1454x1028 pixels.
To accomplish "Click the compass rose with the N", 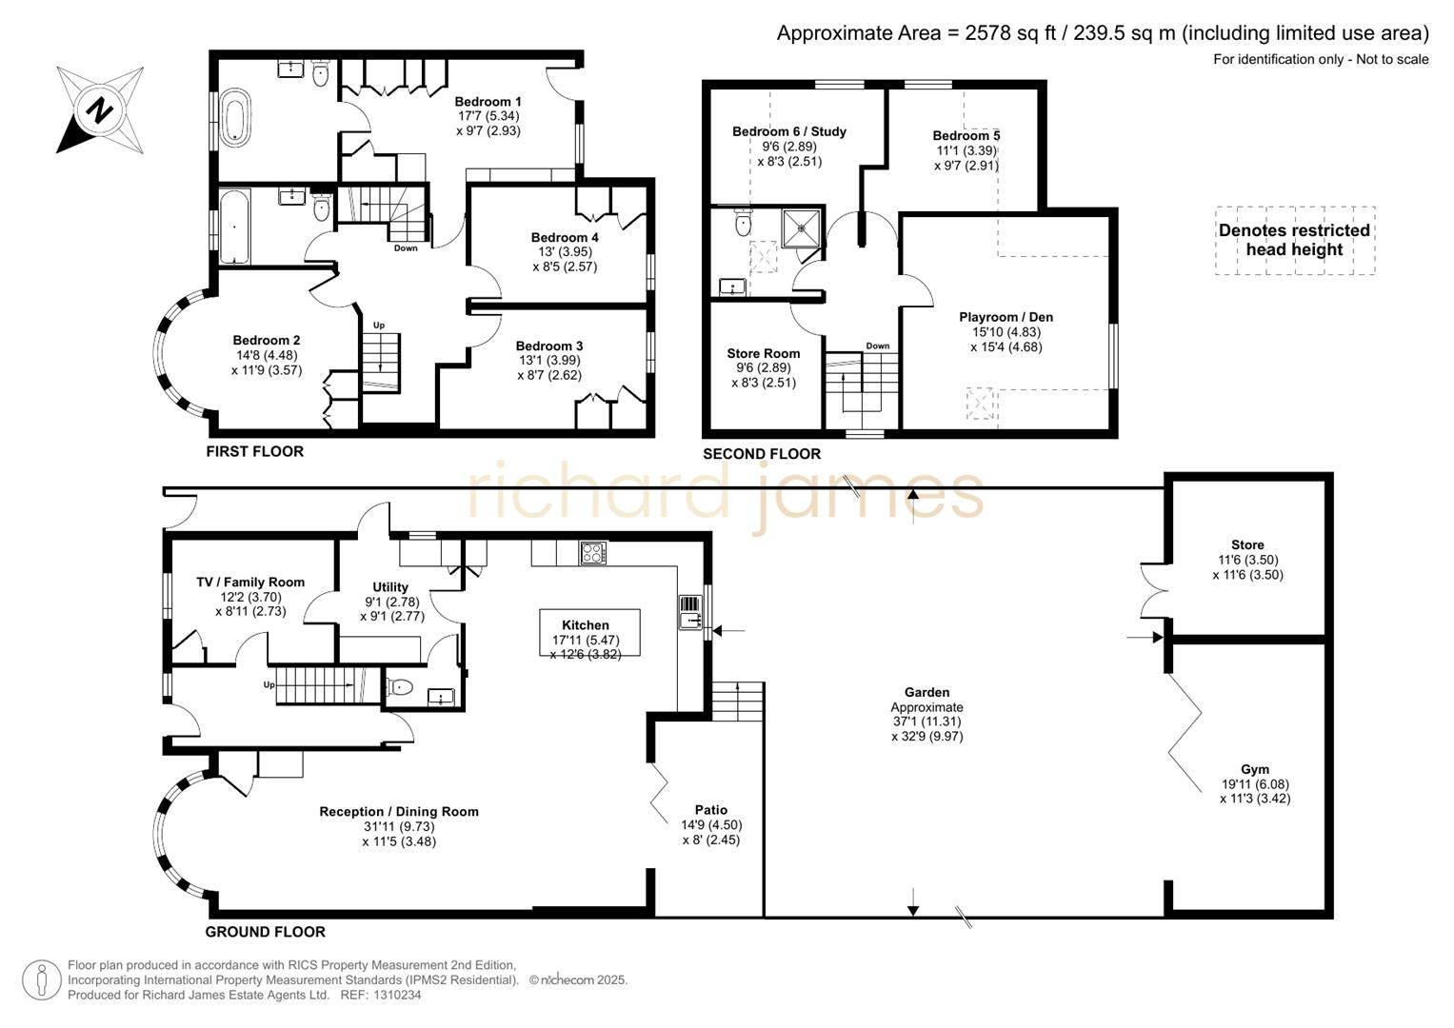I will (99, 109).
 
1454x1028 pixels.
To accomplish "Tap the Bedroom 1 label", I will (488, 102).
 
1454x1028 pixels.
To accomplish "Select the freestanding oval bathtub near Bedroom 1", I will (234, 118).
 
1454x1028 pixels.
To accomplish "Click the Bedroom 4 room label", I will (565, 237).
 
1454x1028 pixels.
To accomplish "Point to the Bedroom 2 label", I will (267, 340).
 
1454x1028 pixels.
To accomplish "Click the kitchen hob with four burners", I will (593, 553).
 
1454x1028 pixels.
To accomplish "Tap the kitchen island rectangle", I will (589, 633).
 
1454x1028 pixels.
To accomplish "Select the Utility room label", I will (390, 587).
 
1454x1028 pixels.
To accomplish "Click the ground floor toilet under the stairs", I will (400, 686).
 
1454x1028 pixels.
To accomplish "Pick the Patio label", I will (710, 810).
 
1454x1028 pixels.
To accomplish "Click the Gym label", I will (1254, 769).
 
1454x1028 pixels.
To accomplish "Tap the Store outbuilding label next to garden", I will (1247, 545).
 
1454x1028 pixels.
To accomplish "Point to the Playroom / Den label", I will (1006, 317).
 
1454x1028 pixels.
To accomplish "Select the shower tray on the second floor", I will (801, 227).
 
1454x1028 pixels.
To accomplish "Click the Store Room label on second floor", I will (763, 353).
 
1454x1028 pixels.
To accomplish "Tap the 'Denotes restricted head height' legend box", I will (1294, 240).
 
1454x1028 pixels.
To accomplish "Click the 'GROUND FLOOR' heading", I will (266, 932).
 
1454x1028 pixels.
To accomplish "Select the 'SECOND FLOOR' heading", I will (762, 454).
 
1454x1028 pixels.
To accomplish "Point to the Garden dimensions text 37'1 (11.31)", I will (926, 722).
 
